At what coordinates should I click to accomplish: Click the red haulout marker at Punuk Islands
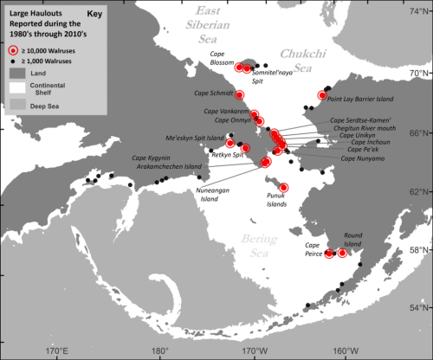coord(283,188)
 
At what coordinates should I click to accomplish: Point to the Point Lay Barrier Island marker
coord(322,95)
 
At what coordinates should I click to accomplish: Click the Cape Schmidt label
coord(213,91)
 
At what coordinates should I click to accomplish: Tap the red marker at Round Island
coord(343,253)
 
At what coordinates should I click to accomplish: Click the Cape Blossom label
coord(226,54)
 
